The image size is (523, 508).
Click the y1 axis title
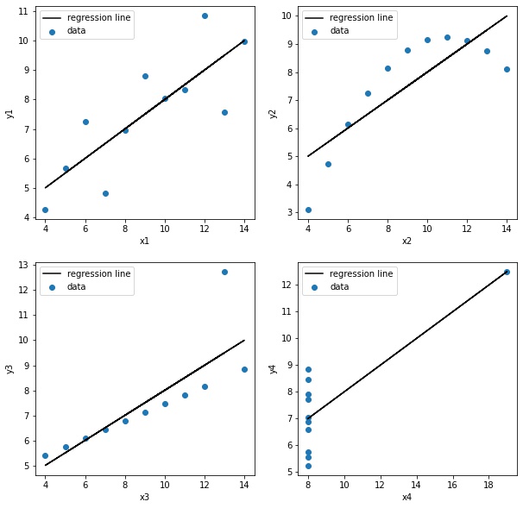(10, 113)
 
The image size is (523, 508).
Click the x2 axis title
(407, 241)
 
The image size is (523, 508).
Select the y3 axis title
(10, 368)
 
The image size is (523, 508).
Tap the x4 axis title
(407, 496)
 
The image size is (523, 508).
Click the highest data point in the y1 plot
(205, 16)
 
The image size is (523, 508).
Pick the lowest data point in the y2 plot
(308, 210)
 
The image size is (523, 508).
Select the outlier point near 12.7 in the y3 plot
(224, 272)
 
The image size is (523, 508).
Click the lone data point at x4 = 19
(507, 272)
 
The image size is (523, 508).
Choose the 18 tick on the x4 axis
(488, 484)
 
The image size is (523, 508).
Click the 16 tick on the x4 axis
(452, 484)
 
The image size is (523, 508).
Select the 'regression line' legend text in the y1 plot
(98, 17)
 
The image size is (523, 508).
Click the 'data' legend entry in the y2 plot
(339, 31)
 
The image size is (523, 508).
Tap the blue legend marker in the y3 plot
(52, 287)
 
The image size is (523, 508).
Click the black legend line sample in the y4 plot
(314, 273)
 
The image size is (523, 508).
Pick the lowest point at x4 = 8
(308, 466)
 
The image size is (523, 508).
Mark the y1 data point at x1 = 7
(105, 193)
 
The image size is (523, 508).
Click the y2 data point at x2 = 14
(507, 69)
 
